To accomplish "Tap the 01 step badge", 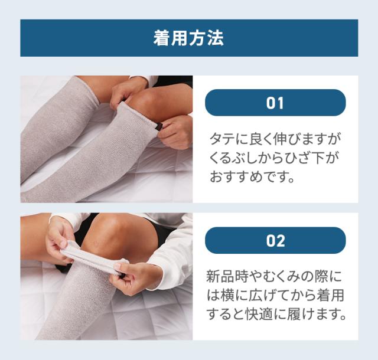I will pos(275,103).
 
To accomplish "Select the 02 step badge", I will pos(275,241).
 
